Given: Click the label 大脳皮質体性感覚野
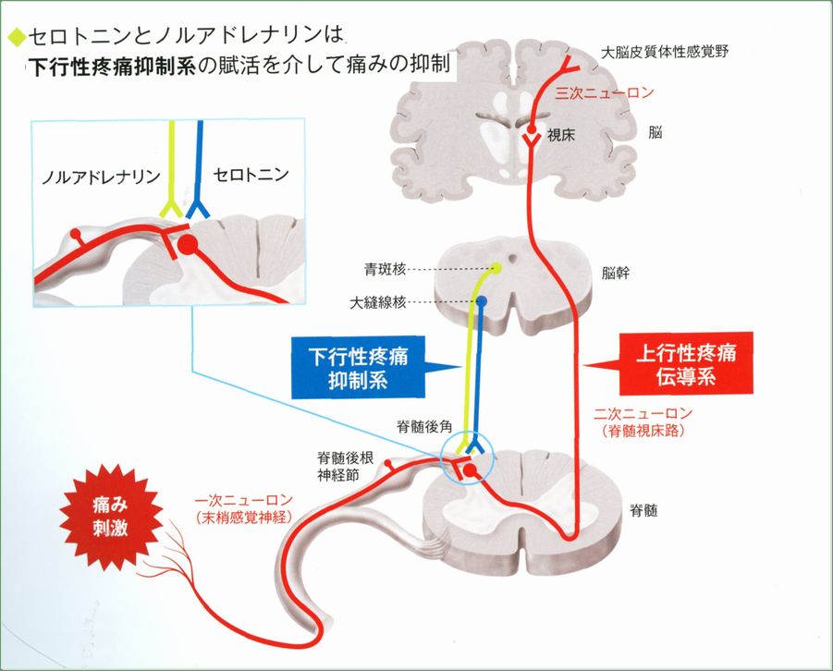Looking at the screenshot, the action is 665,52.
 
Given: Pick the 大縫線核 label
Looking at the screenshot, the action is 379,302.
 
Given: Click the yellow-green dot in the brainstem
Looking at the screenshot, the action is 496,269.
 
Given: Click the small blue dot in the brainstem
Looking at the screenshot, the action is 482,302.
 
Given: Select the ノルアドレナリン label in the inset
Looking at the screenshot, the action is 101,176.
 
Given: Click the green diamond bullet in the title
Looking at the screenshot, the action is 14,38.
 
